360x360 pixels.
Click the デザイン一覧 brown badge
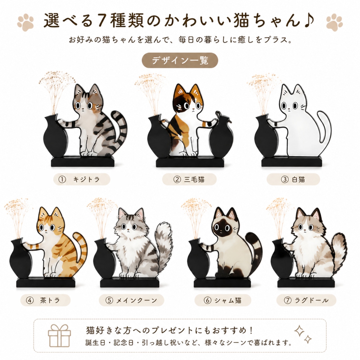pyautogui.click(x=180, y=60)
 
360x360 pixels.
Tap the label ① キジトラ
pyautogui.click(x=82, y=179)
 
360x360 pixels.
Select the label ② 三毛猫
pyautogui.click(x=189, y=179)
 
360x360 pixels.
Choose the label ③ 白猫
pyautogui.click(x=293, y=179)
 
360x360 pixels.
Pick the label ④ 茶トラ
pyautogui.click(x=45, y=300)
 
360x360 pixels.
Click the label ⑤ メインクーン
pyautogui.click(x=132, y=300)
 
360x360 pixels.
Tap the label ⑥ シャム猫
pyautogui.click(x=223, y=300)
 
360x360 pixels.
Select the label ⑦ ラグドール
pyautogui.click(x=306, y=300)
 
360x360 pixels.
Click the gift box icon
pyautogui.click(x=59, y=336)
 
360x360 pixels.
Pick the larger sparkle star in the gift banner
pyautogui.click(x=299, y=331)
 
